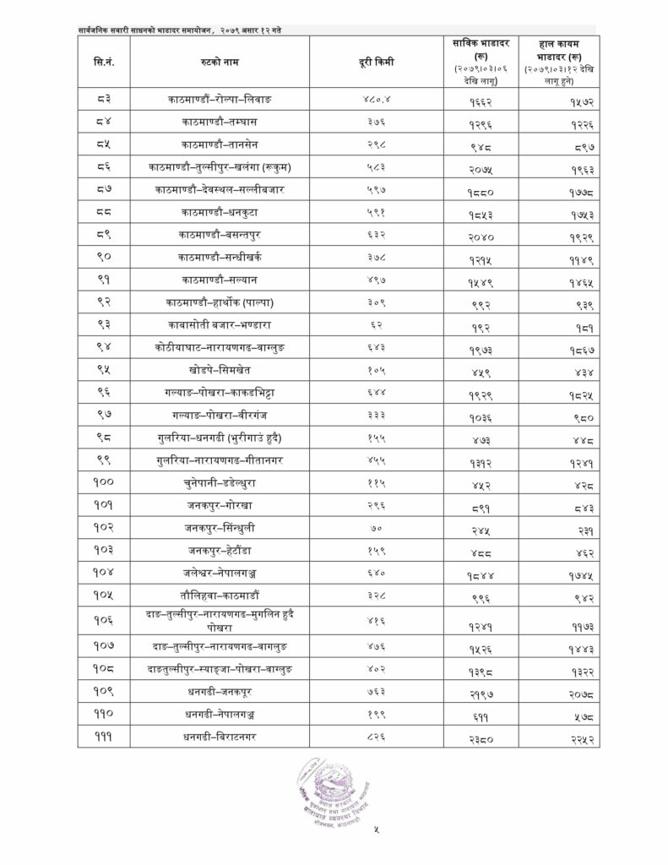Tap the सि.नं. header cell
(104, 62)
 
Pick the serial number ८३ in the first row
(104, 101)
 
